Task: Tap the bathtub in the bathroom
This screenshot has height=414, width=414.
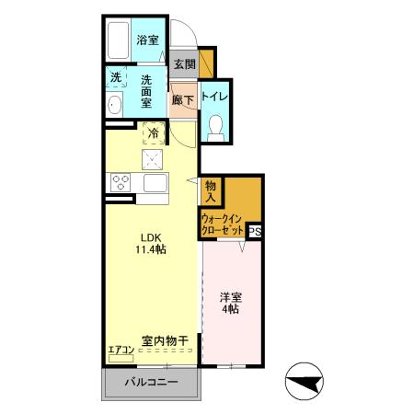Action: click(117, 41)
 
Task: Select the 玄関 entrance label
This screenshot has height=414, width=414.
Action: click(184, 64)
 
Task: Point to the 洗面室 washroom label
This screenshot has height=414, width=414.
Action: click(146, 90)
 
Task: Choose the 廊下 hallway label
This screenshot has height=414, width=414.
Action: click(182, 99)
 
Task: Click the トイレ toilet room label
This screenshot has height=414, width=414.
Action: click(215, 96)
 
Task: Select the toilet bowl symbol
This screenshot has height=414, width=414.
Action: click(215, 127)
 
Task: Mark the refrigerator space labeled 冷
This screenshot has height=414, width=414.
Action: click(154, 134)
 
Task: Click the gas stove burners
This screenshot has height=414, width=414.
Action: click(121, 180)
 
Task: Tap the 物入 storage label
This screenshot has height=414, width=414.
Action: click(211, 190)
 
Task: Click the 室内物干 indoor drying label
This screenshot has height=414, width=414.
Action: click(165, 341)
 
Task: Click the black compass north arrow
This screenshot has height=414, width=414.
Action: click(305, 381)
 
